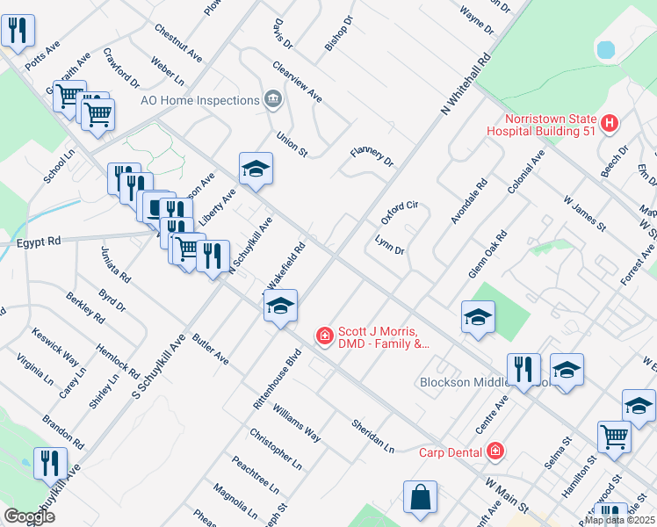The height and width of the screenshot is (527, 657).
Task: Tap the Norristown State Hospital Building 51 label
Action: click(550, 126)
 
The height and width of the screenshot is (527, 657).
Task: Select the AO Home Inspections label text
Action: click(199, 100)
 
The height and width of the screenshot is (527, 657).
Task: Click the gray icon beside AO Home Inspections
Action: click(272, 99)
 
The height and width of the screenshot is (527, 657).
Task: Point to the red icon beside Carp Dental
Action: click(496, 451)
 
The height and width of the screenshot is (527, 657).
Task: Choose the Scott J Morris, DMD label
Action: click(385, 338)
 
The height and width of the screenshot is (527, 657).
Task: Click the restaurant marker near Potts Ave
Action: click(18, 31)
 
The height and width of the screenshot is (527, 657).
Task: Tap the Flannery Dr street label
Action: click(372, 157)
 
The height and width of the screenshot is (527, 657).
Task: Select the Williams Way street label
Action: click(296, 422)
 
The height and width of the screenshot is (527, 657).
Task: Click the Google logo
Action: click(29, 516)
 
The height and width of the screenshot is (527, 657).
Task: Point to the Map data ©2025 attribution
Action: click(620, 520)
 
